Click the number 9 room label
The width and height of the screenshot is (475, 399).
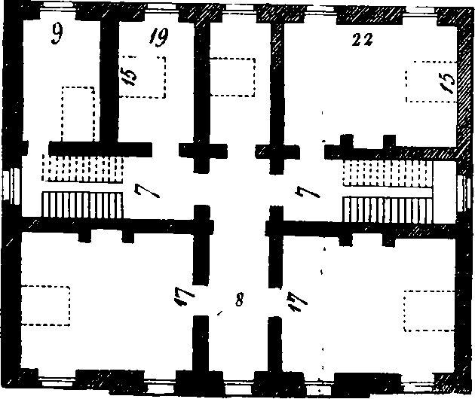pos(57,34)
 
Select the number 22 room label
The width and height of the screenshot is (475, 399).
pos(363,40)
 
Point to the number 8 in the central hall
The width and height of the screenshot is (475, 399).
pos(239,300)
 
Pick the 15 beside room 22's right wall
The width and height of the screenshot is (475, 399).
pos(448,82)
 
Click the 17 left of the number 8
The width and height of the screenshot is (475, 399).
pos(182,296)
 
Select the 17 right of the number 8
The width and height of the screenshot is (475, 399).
pos(299,302)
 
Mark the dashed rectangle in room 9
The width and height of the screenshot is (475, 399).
pos(78,114)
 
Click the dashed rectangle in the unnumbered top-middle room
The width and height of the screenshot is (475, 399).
pos(232,78)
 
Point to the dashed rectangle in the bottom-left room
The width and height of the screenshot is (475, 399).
pos(46,306)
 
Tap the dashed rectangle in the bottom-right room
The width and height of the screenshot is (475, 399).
pos(429,311)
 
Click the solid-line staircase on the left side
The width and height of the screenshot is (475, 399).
pos(82,205)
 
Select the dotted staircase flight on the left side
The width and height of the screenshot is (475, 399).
pos(82,168)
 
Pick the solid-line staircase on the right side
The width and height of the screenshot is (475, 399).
pos(387,210)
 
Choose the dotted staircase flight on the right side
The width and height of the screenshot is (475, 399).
pos(388,173)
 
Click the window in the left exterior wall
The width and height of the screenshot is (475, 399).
pos(11,187)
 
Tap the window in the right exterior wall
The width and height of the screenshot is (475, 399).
pos(464,193)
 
